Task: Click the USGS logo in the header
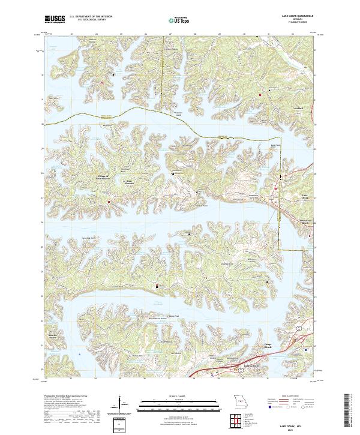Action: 53,19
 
